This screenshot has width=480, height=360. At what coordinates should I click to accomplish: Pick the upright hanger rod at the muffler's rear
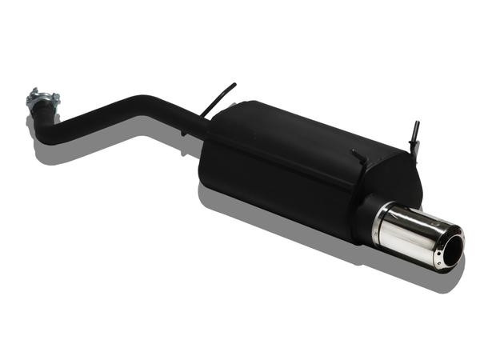pyautogui.click(x=414, y=136)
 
